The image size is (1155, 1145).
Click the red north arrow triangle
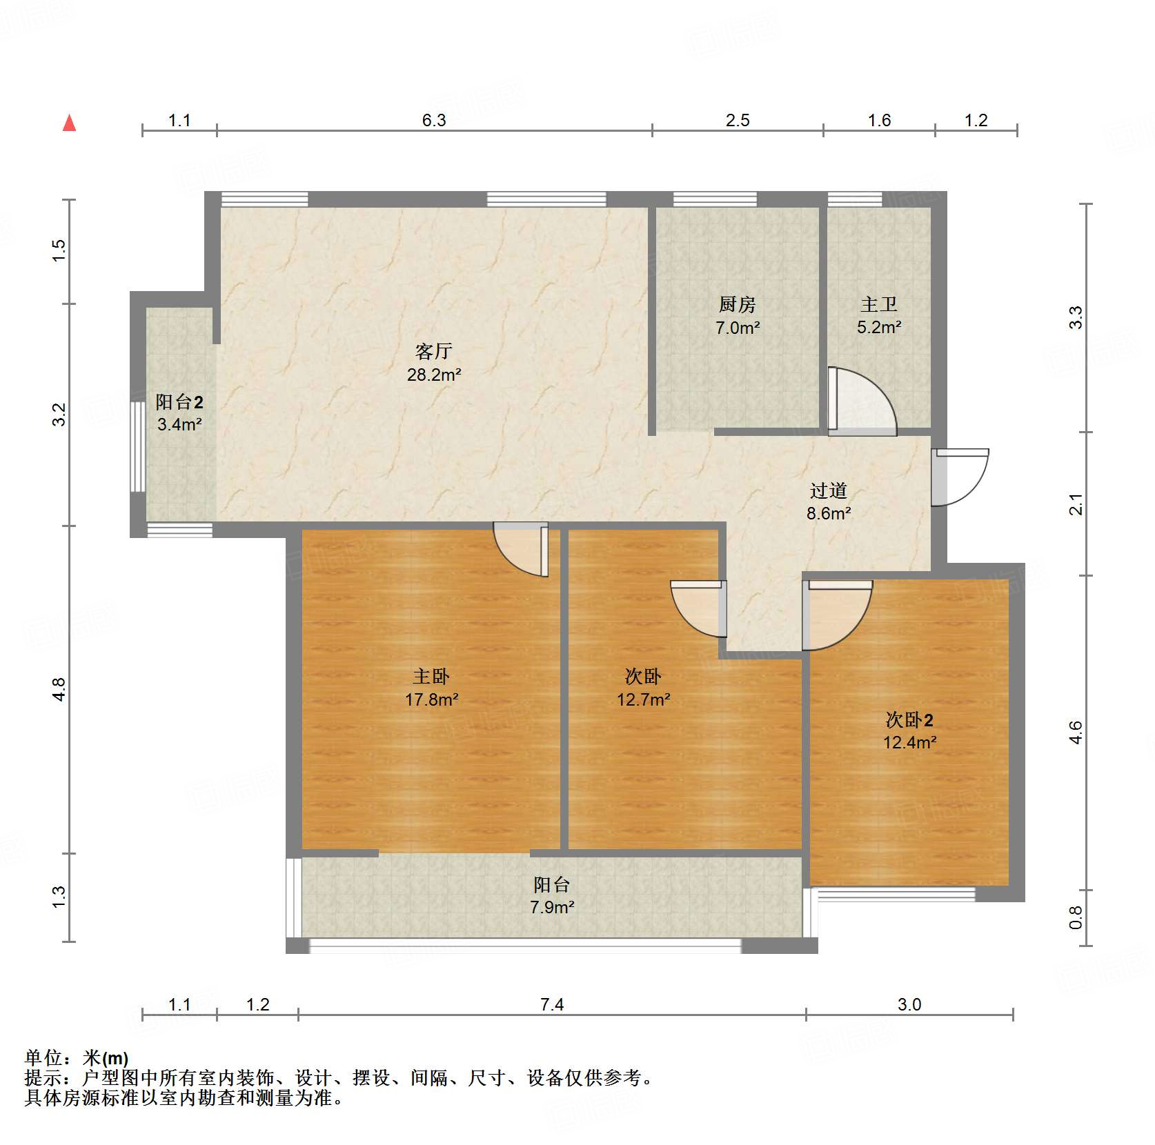(69, 123)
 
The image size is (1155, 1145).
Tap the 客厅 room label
(433, 352)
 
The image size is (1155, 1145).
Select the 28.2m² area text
(433, 375)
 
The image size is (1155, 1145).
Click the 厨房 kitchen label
(737, 304)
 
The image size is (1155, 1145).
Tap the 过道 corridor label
(828, 490)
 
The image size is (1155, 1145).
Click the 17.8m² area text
(431, 699)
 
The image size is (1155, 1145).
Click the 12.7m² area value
(643, 699)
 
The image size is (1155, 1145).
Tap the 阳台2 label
(179, 402)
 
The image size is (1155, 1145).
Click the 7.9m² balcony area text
(552, 907)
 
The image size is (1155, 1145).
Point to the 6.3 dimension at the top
(434, 121)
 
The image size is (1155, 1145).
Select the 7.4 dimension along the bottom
(552, 1004)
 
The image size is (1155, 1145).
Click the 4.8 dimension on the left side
(59, 689)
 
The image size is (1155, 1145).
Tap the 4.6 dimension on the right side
(1075, 732)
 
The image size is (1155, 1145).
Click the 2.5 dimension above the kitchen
(737, 121)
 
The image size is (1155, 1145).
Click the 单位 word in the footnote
(43, 1057)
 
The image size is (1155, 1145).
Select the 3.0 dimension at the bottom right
(909, 1004)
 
